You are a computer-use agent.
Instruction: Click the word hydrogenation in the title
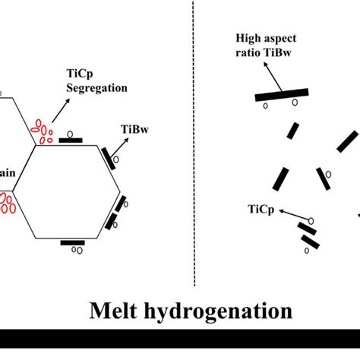(220, 311)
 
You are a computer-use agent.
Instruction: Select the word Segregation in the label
(98, 87)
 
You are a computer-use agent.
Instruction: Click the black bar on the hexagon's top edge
(70, 140)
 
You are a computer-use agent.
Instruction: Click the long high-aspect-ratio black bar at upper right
(281, 94)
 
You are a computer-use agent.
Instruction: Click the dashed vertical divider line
(194, 144)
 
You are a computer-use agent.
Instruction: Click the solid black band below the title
(180, 339)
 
